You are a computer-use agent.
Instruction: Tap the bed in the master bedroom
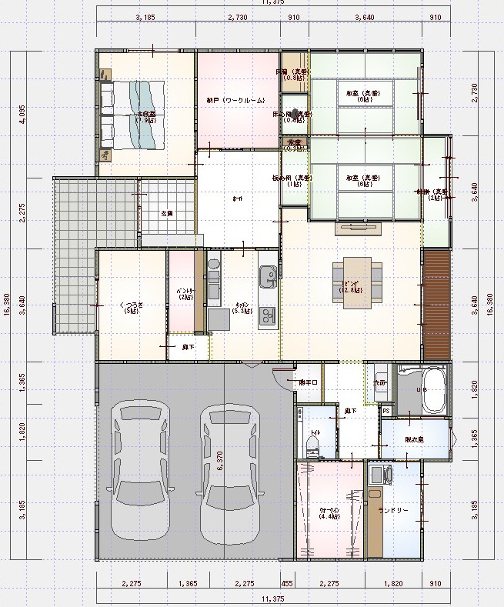[132, 115]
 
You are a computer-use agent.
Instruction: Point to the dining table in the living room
[356, 282]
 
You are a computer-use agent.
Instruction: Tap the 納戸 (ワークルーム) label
[235, 101]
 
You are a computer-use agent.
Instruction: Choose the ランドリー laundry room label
[393, 510]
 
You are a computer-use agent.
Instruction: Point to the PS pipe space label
[386, 412]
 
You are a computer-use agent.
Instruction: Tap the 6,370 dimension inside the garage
[220, 461]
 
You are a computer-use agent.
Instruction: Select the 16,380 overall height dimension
[6, 303]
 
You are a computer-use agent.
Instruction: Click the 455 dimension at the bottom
[286, 584]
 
